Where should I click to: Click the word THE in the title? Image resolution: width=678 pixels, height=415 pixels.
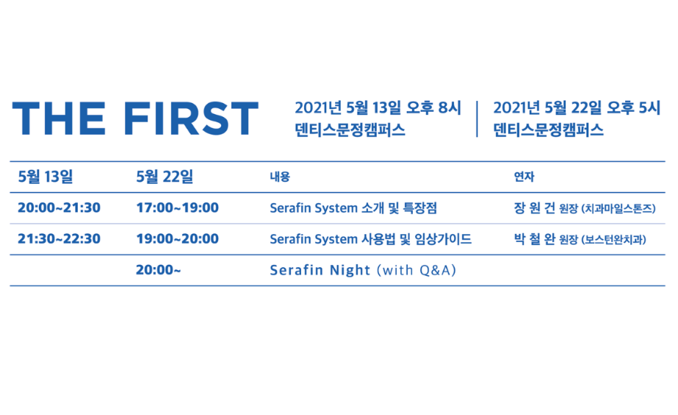pos(59,118)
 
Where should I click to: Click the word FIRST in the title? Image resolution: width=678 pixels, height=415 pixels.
pos(191,118)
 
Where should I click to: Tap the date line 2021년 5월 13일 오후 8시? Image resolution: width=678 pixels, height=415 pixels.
pos(378,108)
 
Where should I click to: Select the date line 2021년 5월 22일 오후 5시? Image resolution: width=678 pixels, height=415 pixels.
pos(577,108)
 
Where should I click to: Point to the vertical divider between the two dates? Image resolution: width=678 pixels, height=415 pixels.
pos(477,119)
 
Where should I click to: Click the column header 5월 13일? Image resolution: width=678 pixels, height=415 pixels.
pos(46,177)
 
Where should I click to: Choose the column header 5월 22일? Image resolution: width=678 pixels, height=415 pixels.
pos(165,177)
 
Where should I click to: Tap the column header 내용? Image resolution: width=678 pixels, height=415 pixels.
pos(280,177)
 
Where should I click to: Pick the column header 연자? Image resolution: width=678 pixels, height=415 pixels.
pos(524,177)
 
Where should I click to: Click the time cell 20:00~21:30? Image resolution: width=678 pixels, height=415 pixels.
pos(59,207)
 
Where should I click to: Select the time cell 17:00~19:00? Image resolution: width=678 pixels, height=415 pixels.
pos(177,207)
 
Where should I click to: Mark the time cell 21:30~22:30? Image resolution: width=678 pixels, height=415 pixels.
pos(59,238)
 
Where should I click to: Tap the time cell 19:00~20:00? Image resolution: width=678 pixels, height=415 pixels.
pos(177,238)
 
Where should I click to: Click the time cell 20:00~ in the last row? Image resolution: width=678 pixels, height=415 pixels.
pos(158,270)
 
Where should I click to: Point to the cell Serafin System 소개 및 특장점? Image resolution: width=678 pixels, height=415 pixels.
pos(353,208)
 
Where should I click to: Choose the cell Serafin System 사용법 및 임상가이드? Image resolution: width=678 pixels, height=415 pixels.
pos(370,239)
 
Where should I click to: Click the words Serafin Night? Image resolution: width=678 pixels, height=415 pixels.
pos(320,270)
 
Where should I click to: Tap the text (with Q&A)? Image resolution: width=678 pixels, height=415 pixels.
pos(416,270)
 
